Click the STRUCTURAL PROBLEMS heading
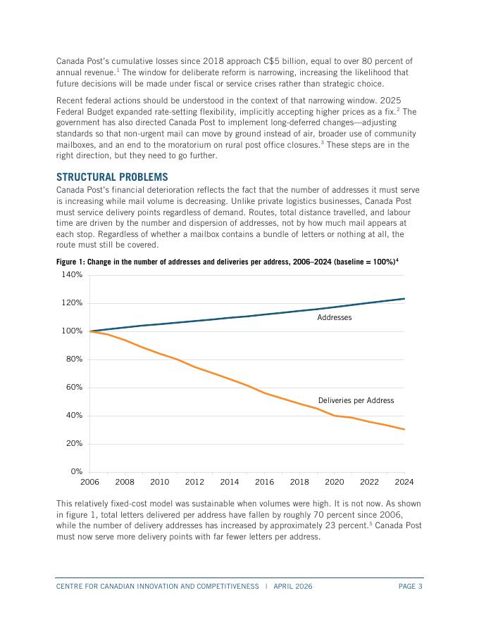(112, 177)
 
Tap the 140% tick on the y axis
(72, 275)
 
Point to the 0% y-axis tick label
(76, 472)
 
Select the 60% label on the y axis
(73, 388)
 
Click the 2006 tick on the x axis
(89, 483)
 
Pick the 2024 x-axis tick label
(404, 483)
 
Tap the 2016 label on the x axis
(264, 483)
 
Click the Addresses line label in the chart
(334, 318)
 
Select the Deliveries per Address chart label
(356, 401)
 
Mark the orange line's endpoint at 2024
(404, 429)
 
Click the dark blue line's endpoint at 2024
(404, 299)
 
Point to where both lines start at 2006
(90, 331)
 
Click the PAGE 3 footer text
(410, 586)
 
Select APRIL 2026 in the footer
(293, 586)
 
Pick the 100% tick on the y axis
(72, 331)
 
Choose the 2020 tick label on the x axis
(334, 483)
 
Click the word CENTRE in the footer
(70, 586)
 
